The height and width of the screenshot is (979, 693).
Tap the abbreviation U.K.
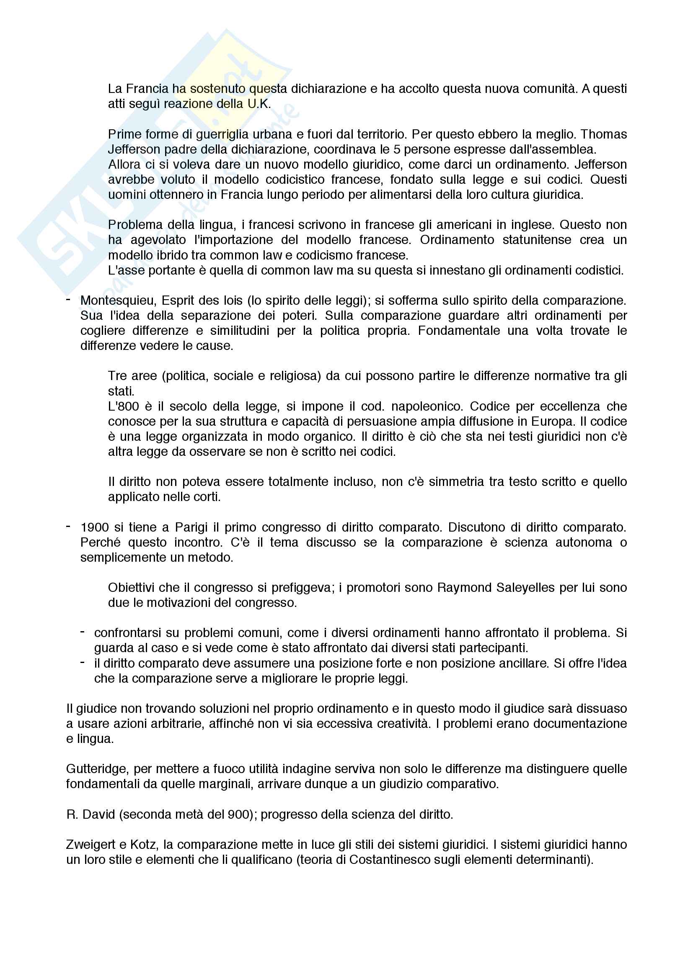pos(259,104)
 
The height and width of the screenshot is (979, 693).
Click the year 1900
pos(94,527)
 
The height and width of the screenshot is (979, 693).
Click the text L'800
pos(123,406)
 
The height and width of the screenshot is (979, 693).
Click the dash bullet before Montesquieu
pos(68,300)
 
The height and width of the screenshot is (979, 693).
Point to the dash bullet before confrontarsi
pos(83,632)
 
